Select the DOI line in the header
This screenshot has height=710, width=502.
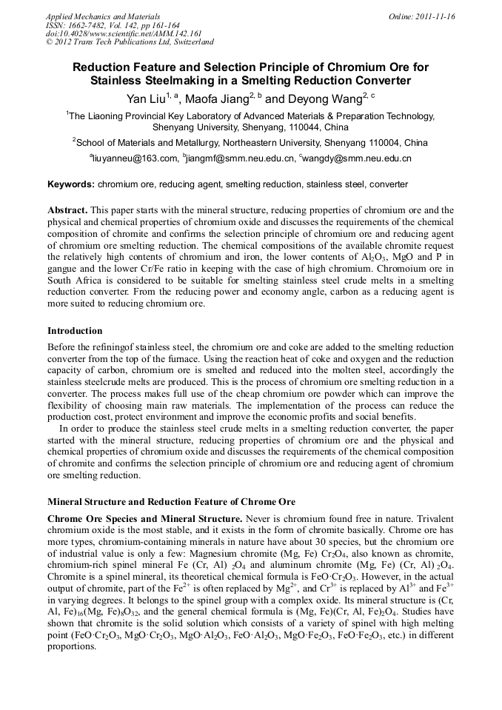(124, 34)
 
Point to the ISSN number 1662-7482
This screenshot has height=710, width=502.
(92, 25)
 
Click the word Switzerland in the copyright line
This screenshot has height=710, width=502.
(191, 43)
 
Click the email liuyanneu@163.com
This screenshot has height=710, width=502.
(135, 158)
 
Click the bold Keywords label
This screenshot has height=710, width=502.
(70, 184)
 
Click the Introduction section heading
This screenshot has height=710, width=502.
(75, 330)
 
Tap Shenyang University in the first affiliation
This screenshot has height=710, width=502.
(195, 127)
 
